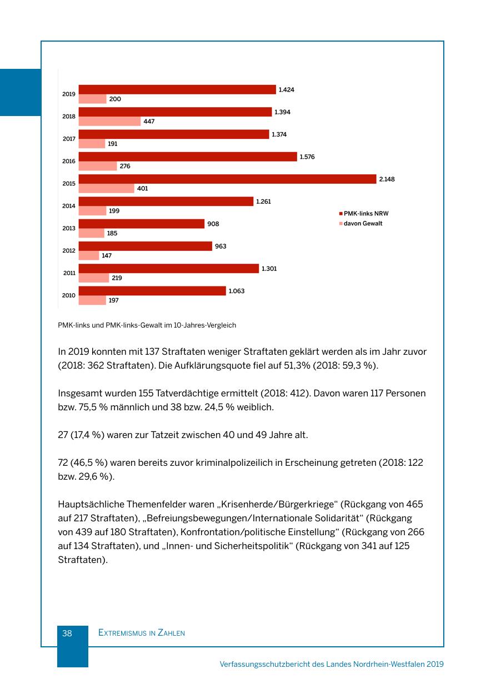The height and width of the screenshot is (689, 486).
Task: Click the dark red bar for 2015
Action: (227, 179)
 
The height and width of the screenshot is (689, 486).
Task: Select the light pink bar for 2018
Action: (109, 122)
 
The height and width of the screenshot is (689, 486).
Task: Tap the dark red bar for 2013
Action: (141, 224)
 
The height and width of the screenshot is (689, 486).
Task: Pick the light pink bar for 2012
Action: (89, 255)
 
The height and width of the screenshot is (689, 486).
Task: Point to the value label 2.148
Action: (387, 179)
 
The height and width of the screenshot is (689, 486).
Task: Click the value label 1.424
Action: (286, 89)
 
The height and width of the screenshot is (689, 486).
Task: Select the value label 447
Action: (149, 122)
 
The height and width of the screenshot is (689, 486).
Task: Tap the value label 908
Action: (213, 224)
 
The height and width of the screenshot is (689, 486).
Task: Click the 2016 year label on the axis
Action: (69, 161)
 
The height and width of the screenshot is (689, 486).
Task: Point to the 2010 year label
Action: (69, 295)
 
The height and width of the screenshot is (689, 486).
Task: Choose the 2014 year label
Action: (69, 206)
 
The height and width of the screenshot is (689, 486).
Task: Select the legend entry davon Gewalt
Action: (363, 223)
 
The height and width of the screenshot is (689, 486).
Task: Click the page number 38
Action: (67, 633)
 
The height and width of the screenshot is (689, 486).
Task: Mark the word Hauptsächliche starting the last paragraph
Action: (91, 504)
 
